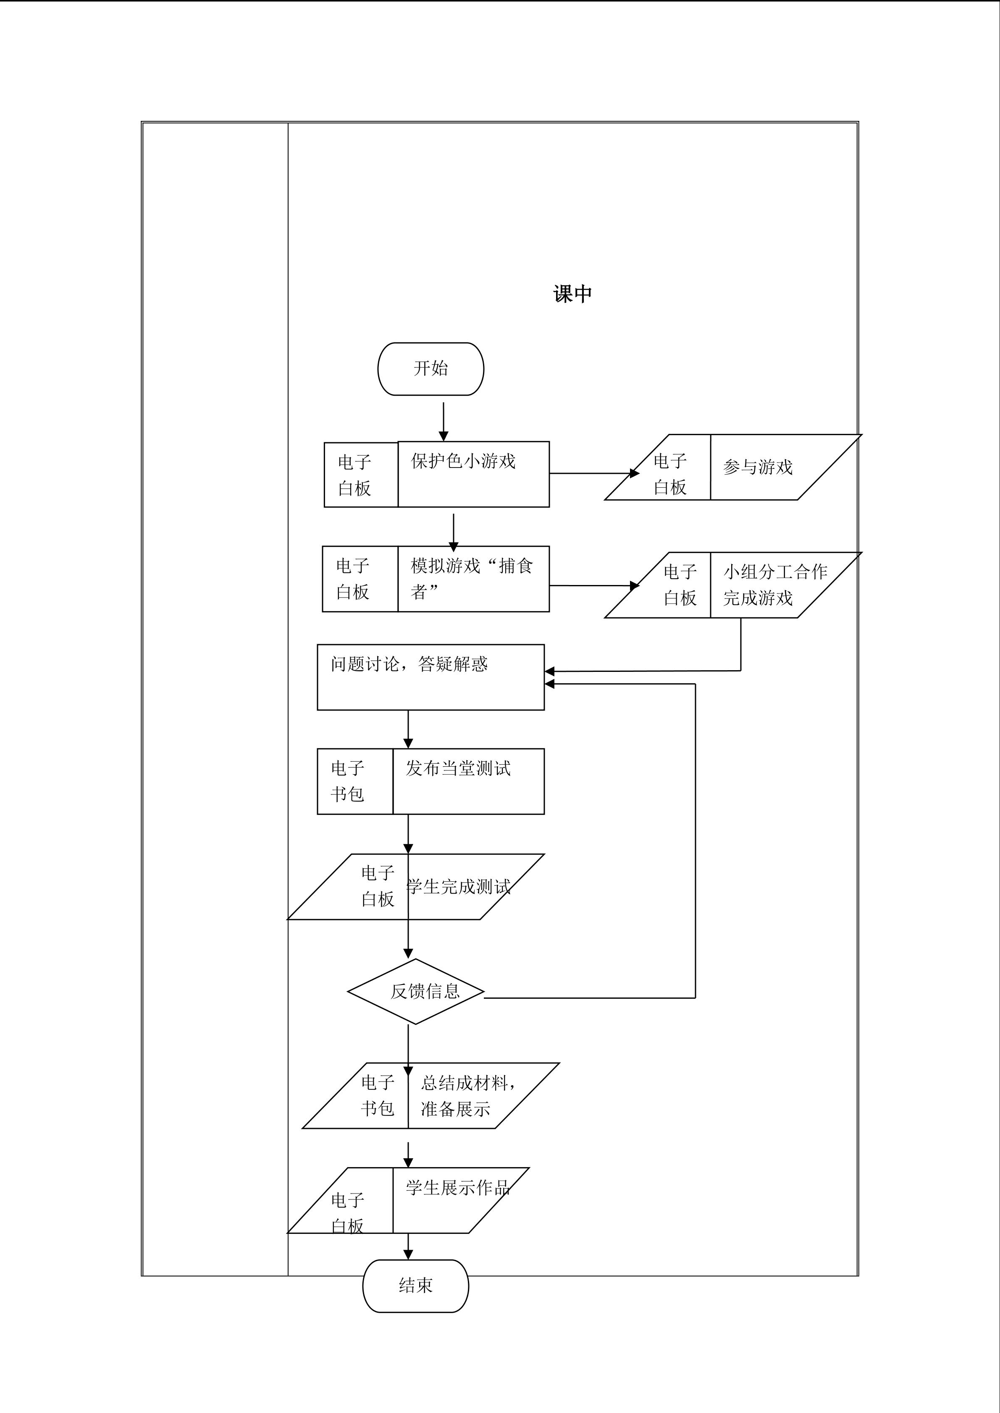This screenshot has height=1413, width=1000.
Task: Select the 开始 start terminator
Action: pyautogui.click(x=430, y=368)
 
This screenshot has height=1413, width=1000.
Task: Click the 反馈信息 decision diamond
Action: pyautogui.click(x=416, y=991)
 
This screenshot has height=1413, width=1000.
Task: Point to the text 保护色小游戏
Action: pyautogui.click(x=463, y=461)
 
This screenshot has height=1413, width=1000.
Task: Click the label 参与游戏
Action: pyautogui.click(x=757, y=467)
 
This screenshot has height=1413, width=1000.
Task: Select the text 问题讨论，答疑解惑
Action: pyautogui.click(x=409, y=664)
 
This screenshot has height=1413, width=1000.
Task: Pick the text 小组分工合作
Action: pyautogui.click(x=774, y=572)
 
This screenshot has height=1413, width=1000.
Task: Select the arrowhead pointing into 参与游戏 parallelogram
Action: pyautogui.click(x=634, y=473)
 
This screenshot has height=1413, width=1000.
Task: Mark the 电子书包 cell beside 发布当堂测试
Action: pyautogui.click(x=348, y=781)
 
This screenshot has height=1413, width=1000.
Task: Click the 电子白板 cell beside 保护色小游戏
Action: pyautogui.click(x=354, y=475)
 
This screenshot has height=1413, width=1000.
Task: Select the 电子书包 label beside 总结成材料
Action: pyautogui.click(x=378, y=1095)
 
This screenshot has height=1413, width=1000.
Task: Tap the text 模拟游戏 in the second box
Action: pyautogui.click(x=445, y=566)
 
